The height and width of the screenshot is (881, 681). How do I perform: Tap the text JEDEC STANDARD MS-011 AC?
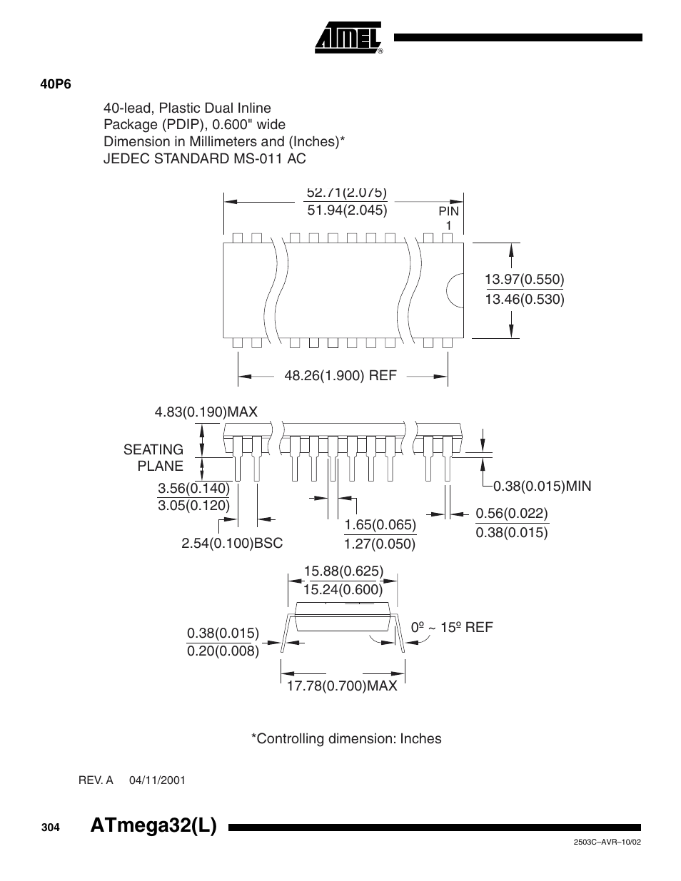[204, 158]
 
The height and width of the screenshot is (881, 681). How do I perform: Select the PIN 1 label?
[448, 218]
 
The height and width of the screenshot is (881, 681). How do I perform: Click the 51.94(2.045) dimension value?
[347, 210]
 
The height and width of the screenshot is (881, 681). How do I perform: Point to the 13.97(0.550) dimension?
[525, 279]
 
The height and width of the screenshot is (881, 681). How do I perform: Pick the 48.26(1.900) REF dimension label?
[340, 375]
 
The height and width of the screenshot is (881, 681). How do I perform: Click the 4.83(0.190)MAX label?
[206, 412]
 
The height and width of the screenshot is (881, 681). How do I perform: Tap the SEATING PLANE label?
[153, 457]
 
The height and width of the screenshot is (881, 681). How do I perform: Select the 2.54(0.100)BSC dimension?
[232, 544]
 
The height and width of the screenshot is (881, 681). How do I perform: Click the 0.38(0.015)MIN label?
[543, 486]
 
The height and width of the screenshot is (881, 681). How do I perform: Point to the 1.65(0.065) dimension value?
[380, 525]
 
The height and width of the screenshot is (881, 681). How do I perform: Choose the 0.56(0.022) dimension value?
[512, 514]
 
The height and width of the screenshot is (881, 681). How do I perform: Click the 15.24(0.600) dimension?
[343, 589]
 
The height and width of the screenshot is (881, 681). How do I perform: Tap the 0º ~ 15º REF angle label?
[452, 627]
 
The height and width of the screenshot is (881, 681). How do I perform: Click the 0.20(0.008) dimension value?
[223, 651]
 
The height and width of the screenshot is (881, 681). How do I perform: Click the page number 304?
[49, 827]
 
